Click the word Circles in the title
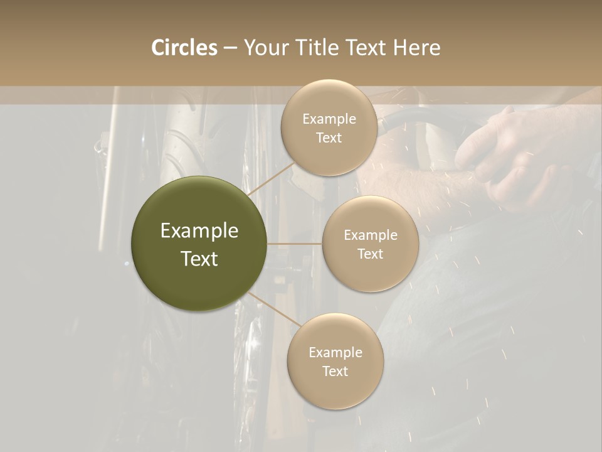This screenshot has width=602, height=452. (x=184, y=48)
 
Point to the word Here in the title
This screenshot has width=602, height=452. (x=417, y=48)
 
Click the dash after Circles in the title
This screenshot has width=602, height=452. (x=230, y=48)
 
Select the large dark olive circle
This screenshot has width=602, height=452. (x=199, y=244)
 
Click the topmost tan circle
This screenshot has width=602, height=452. (x=329, y=127)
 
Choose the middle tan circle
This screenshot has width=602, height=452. (x=370, y=244)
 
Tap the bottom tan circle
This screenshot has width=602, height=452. (x=335, y=361)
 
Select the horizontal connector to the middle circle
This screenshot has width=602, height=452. (x=295, y=244)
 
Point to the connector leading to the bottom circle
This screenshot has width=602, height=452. (x=273, y=311)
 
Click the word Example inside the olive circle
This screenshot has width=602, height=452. (x=199, y=231)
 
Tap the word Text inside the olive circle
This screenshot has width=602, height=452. (x=199, y=259)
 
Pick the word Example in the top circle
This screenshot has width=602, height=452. (x=329, y=119)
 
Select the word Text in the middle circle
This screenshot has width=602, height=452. (x=370, y=254)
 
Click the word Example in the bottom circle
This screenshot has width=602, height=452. (x=335, y=352)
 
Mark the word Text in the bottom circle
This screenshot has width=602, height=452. (x=335, y=371)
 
